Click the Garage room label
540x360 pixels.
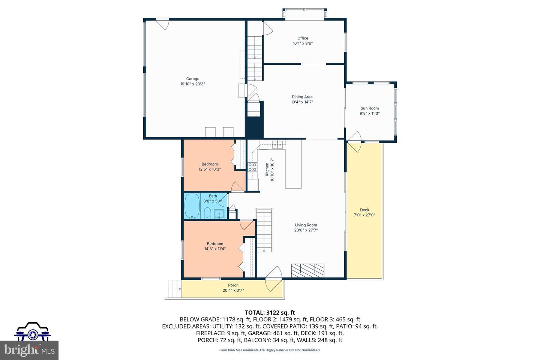click(x=193, y=79)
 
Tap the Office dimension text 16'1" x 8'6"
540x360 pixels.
click(x=303, y=43)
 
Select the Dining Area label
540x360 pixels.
click(x=302, y=97)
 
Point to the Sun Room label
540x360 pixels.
click(x=369, y=108)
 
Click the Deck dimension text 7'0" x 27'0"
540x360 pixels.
click(x=364, y=215)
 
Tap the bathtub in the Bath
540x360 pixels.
click(x=192, y=206)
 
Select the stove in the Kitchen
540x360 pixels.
click(x=252, y=167)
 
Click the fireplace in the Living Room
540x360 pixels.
click(x=307, y=270)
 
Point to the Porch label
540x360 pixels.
click(x=233, y=285)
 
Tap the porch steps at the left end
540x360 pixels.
click(x=175, y=289)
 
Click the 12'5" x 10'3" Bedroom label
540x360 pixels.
click(x=210, y=164)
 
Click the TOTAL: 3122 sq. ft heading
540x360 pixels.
click(x=270, y=312)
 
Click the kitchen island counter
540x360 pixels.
click(x=293, y=169)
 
